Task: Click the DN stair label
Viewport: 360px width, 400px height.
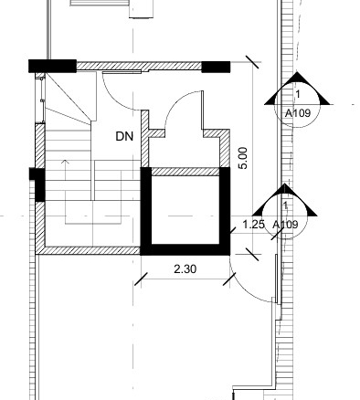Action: pyautogui.click(x=124, y=136)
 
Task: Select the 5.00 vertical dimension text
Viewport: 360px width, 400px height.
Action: pyautogui.click(x=243, y=158)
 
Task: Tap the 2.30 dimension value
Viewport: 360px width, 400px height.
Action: pyautogui.click(x=185, y=269)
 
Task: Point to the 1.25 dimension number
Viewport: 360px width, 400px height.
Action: pyautogui.click(x=253, y=225)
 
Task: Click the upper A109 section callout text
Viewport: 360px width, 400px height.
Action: pyautogui.click(x=298, y=113)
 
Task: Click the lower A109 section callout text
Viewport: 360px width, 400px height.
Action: pyautogui.click(x=285, y=225)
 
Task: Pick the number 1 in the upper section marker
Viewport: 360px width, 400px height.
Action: pyautogui.click(x=298, y=94)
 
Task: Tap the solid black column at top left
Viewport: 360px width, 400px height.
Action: pyautogui.click(x=52, y=66)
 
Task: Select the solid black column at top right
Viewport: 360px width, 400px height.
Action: pyautogui.click(x=216, y=67)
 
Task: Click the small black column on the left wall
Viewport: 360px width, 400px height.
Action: pyautogui.click(x=37, y=184)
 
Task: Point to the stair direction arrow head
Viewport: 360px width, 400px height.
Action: pyautogui.click(x=65, y=162)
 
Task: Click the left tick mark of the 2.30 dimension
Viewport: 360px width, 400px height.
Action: pyautogui.click(x=141, y=279)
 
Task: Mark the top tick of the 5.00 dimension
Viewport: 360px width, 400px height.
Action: pyautogui.click(x=253, y=62)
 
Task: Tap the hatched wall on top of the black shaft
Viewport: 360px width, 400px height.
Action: pyautogui.click(x=185, y=172)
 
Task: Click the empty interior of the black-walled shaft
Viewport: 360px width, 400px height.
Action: pyautogui.click(x=185, y=210)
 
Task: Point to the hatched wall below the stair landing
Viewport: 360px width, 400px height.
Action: pyautogui.click(x=88, y=250)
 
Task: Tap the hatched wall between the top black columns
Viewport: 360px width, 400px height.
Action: pyautogui.click(x=139, y=66)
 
